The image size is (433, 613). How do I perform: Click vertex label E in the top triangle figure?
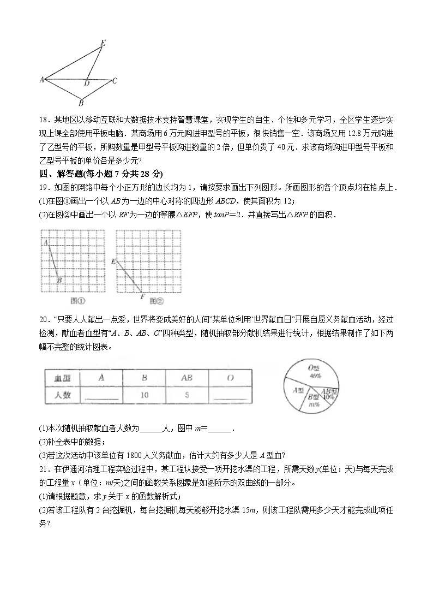[104, 42]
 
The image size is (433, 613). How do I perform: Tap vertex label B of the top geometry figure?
[81, 102]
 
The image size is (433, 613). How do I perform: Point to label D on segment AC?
[86, 84]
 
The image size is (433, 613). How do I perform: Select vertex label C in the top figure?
[115, 81]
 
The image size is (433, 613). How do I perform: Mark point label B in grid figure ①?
[59, 280]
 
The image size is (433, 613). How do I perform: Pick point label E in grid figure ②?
[113, 261]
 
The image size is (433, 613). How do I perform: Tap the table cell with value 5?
[187, 395]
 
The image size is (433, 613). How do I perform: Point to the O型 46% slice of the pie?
[314, 372]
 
